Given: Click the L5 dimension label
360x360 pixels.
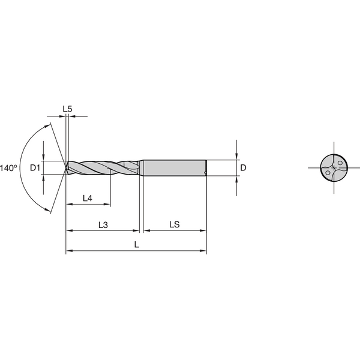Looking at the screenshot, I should (68, 109).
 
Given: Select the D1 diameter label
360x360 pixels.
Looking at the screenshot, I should (35, 168).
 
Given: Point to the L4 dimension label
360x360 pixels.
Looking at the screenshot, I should (86, 197).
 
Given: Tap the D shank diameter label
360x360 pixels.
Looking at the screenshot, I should (243, 168).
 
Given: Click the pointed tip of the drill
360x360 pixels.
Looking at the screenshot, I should (67, 168).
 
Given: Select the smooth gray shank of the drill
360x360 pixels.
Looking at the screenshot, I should (174, 168).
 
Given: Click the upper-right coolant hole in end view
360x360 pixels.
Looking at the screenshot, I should (340, 163).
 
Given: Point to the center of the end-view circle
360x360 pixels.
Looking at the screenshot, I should (334, 168).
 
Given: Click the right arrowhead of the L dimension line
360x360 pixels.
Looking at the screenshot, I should (204, 251).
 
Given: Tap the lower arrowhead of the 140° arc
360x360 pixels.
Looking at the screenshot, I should (47, 209).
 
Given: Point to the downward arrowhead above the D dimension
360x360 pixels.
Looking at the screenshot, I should (237, 157).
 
